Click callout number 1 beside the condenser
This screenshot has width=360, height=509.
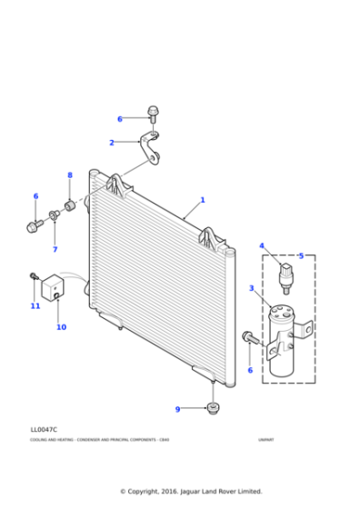pyautogui.click(x=203, y=200)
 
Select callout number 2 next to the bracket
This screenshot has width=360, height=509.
pyautogui.click(x=112, y=143)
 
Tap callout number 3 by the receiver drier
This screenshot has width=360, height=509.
pyautogui.click(x=251, y=288)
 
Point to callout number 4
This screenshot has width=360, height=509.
pyautogui.click(x=262, y=245)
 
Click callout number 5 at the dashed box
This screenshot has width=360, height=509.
pyautogui.click(x=301, y=255)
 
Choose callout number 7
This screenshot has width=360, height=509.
pyautogui.click(x=55, y=249)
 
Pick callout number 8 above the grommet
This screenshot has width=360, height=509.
pyautogui.click(x=69, y=175)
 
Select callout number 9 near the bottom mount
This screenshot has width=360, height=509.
pyautogui.click(x=178, y=409)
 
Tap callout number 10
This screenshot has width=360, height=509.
pyautogui.click(x=61, y=327)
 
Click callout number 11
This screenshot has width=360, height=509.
pyautogui.click(x=35, y=306)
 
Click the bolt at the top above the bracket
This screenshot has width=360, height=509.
pyautogui.click(x=153, y=115)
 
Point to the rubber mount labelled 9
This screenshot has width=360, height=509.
pyautogui.click(x=213, y=408)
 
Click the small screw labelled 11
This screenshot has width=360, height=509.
pyautogui.click(x=34, y=275)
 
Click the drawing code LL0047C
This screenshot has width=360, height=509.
pyautogui.click(x=43, y=430)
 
